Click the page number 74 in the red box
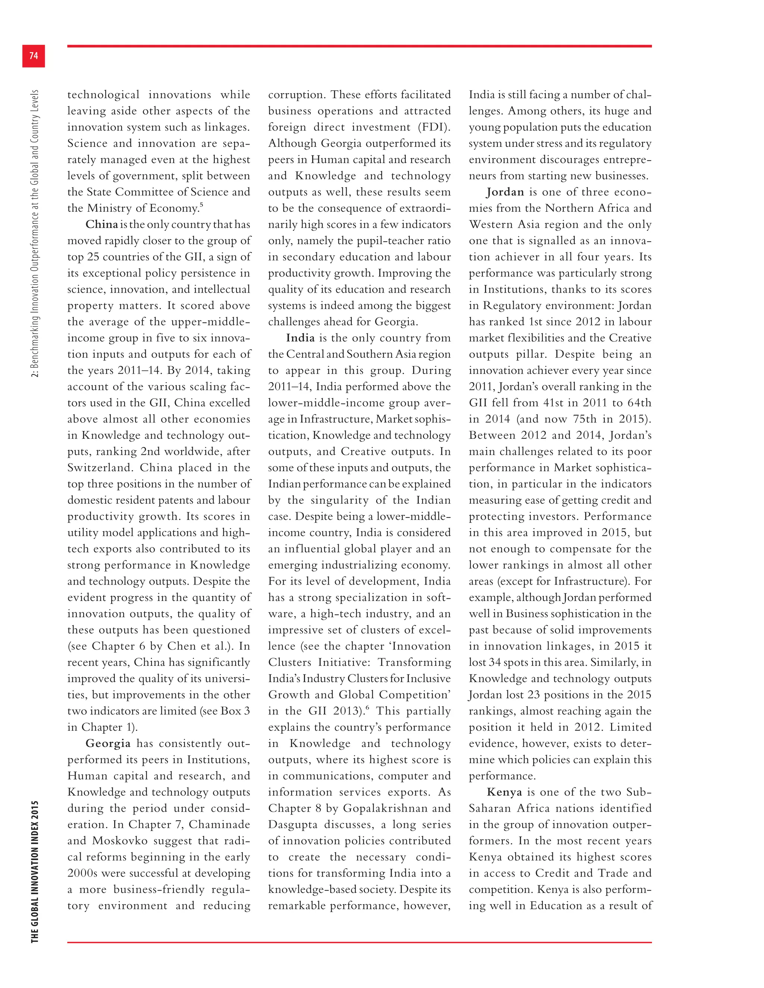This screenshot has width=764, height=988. tap(34, 56)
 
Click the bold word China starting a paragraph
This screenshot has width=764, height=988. tap(101, 224)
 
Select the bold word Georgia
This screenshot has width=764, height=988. tap(108, 743)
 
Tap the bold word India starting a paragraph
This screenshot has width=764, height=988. tap(300, 338)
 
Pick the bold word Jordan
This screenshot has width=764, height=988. tap(505, 192)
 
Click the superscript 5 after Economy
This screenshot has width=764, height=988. tap(201, 205)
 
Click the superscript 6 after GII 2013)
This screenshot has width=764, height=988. tap(367, 708)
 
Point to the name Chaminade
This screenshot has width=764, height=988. tap(219, 825)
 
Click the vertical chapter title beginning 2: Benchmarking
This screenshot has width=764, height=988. tap(35, 233)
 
